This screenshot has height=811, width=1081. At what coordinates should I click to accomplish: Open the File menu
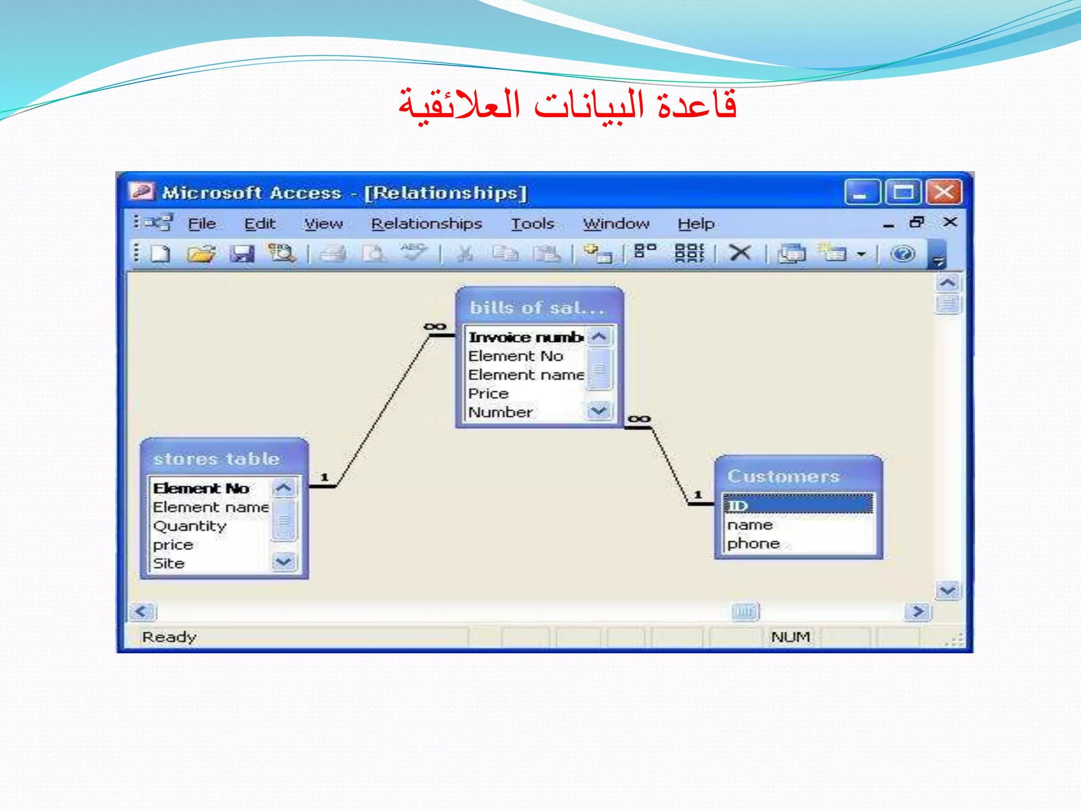202,224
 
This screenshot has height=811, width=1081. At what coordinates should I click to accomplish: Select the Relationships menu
426,224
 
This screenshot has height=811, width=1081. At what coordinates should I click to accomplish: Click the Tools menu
532,224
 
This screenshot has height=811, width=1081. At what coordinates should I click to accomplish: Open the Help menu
696,224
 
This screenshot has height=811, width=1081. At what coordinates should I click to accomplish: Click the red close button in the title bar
944,192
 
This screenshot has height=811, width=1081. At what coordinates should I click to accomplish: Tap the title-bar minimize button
861,192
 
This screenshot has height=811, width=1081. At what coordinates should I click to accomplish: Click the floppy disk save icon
242,254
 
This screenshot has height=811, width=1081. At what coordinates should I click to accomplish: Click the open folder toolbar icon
201,254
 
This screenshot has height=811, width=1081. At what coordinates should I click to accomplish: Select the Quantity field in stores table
190,526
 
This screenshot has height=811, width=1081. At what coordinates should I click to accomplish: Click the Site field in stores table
169,563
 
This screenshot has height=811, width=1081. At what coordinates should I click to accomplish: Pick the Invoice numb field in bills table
526,337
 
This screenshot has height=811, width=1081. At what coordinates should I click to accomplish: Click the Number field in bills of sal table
500,412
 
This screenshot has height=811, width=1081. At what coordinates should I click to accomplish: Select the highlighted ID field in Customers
797,505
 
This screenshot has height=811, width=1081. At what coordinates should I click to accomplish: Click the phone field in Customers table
753,543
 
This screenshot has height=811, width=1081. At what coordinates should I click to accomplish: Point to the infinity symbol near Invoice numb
435,326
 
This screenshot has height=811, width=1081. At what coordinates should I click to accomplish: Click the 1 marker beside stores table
325,477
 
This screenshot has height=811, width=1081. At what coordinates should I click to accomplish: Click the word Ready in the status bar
169,637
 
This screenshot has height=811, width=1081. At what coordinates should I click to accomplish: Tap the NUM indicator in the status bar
790,637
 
